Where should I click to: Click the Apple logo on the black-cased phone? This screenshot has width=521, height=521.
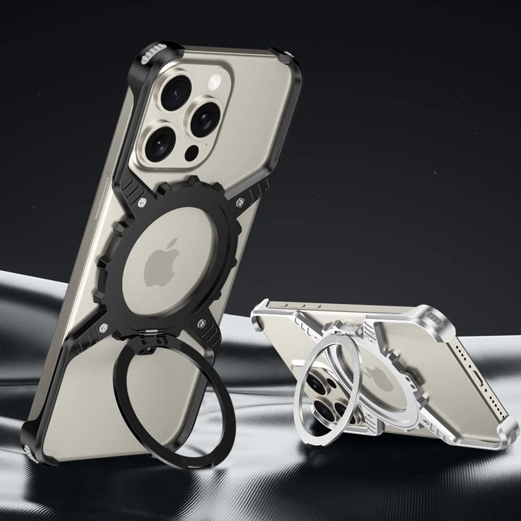[x=162, y=263]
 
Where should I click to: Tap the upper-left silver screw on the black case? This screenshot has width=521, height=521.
[x=142, y=204]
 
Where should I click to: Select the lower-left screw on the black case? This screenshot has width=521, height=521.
[x=104, y=327]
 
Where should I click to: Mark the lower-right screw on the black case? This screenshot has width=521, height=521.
[x=201, y=324]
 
